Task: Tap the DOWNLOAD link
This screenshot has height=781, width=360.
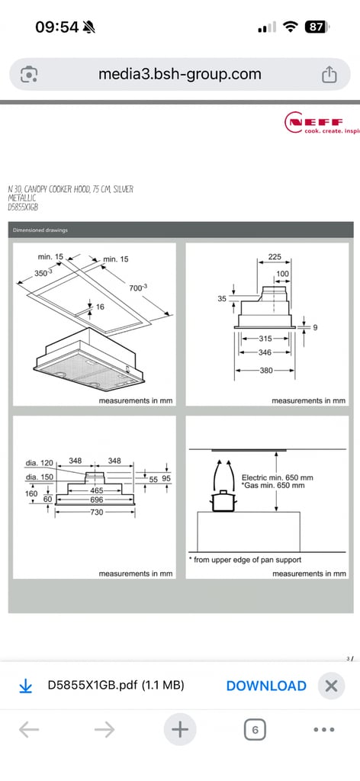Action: pos(266,686)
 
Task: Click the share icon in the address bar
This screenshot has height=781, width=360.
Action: pos(329,75)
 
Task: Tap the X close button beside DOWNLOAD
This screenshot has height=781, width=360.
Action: pos(330,686)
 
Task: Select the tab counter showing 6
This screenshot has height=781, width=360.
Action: pos(255,730)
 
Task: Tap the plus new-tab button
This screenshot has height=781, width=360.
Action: pos(179,730)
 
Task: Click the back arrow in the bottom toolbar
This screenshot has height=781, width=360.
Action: pos(29,730)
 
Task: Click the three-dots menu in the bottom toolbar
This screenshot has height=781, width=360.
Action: pos(324,730)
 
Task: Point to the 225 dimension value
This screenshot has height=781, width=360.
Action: pos(275,258)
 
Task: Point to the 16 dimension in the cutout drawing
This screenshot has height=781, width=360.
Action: pos(99,306)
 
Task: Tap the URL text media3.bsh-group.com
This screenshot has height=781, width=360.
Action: pos(180,75)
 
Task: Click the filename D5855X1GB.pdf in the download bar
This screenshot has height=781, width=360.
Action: pos(116,686)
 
